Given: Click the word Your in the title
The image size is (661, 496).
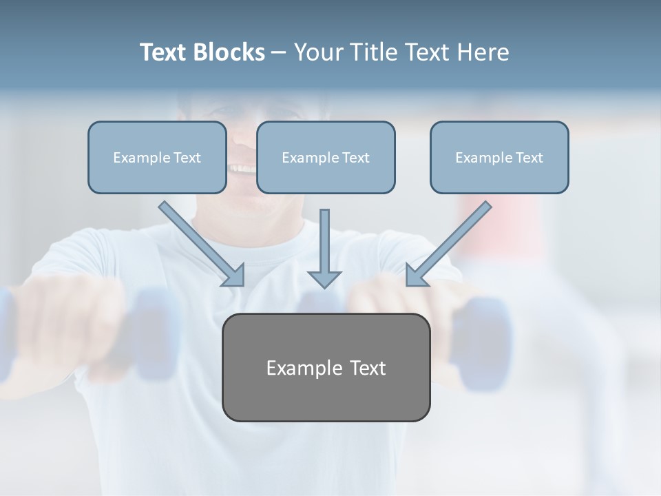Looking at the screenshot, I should pyautogui.click(x=317, y=52).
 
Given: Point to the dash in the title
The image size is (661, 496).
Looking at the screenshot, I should pyautogui.click(x=279, y=53).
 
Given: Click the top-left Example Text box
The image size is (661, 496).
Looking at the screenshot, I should pyautogui.click(x=157, y=158).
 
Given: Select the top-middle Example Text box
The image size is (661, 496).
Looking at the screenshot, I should pyautogui.click(x=326, y=158).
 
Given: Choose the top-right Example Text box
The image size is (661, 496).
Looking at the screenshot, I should pyautogui.click(x=499, y=158).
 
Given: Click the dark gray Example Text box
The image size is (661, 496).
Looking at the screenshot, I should pyautogui.click(x=326, y=367).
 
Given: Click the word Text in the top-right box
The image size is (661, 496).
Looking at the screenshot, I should pyautogui.click(x=529, y=158).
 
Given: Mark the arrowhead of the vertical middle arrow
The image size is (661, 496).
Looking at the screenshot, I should pyautogui.click(x=324, y=278).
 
